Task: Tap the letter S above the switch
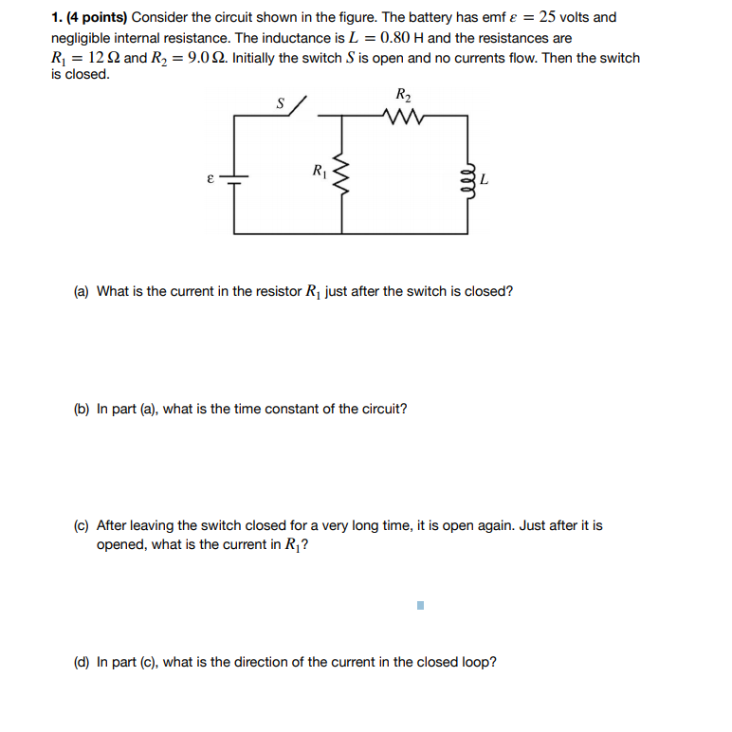280,103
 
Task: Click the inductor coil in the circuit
467,177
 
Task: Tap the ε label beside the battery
212,177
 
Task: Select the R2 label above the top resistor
402,94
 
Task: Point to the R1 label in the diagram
319,172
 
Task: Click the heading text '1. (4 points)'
89,18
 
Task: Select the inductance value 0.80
394,38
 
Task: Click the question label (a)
82,292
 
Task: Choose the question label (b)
82,410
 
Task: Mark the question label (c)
82,525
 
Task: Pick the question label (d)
82,662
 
